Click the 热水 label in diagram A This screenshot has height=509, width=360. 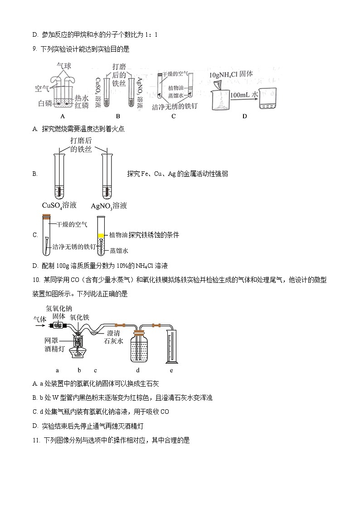(x=82, y=97)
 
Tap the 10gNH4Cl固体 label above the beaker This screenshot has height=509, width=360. (x=233, y=74)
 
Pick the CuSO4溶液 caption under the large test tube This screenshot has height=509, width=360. (x=59, y=205)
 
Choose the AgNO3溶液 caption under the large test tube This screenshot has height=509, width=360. (x=109, y=206)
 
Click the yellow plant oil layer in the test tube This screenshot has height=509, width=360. (x=101, y=235)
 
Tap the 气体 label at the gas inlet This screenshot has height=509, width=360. (x=40, y=320)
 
